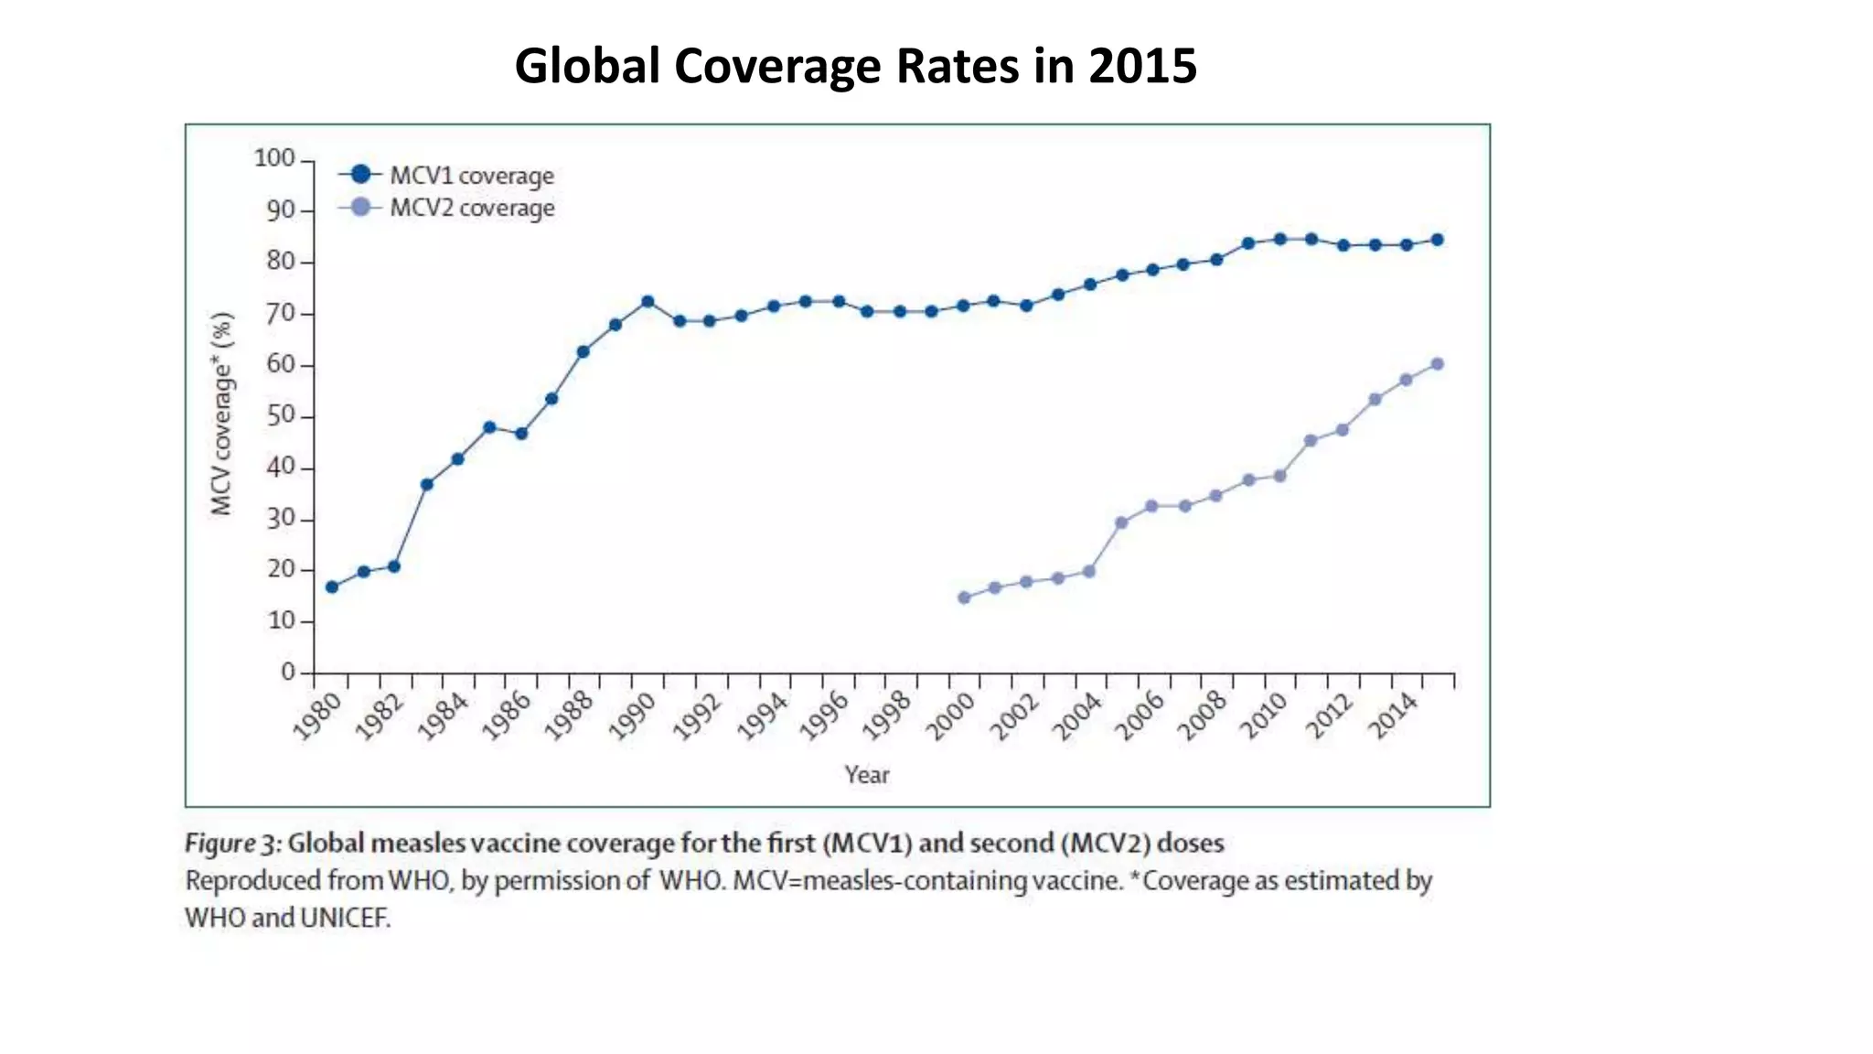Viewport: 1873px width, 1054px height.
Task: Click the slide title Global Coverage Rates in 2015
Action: coord(855,66)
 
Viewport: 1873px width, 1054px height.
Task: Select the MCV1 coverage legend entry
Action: coord(470,175)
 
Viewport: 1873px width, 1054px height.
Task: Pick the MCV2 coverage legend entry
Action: coord(470,208)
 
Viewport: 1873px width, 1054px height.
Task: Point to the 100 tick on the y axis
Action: coord(274,158)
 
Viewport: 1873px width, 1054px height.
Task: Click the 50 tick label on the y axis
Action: coord(280,415)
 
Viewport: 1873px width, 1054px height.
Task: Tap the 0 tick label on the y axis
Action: coord(288,672)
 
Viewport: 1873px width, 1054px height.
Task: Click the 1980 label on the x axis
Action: coord(316,715)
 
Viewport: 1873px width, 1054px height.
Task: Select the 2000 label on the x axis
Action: coord(950,715)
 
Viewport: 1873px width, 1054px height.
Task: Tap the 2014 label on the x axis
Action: coord(1393,715)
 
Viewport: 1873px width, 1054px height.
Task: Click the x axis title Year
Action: coord(866,775)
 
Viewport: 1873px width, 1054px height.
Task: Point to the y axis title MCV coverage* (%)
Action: coord(222,414)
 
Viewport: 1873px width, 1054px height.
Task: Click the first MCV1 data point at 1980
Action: coord(332,586)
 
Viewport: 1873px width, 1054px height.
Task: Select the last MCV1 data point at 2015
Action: coord(1437,240)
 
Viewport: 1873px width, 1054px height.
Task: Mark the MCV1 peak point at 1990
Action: coord(648,301)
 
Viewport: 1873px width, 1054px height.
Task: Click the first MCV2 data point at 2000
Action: coord(964,597)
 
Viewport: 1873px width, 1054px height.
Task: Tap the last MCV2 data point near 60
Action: coord(1437,364)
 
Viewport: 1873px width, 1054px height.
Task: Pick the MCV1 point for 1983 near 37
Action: coord(426,484)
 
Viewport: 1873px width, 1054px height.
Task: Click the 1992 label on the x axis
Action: coord(697,715)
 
